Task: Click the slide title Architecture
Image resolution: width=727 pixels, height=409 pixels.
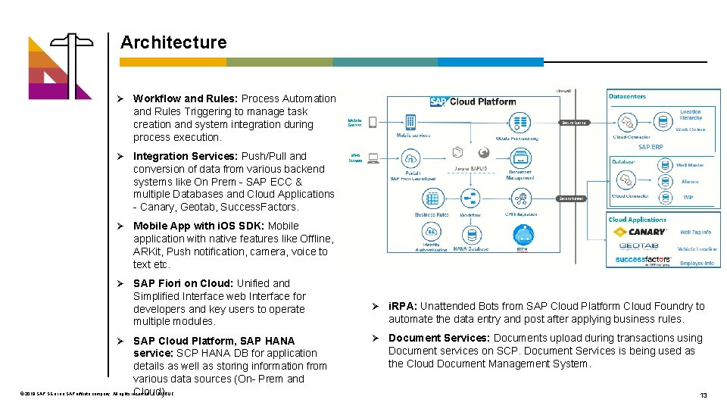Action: click(x=173, y=42)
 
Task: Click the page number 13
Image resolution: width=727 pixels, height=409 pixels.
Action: click(x=704, y=395)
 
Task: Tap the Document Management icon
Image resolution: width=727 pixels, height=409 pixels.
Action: click(x=520, y=158)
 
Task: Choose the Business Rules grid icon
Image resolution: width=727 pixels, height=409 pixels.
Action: click(x=432, y=199)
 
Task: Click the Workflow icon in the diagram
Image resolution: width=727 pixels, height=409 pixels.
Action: click(x=470, y=199)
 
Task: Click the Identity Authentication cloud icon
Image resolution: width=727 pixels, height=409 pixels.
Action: click(x=431, y=234)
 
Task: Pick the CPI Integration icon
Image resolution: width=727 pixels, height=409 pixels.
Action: click(x=520, y=199)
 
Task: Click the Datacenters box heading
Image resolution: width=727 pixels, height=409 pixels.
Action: click(x=627, y=96)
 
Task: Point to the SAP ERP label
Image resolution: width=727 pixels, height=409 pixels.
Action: click(x=651, y=147)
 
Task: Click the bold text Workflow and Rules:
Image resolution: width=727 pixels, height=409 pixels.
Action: click(x=184, y=98)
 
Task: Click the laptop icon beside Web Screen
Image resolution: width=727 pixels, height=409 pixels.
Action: click(x=373, y=158)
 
